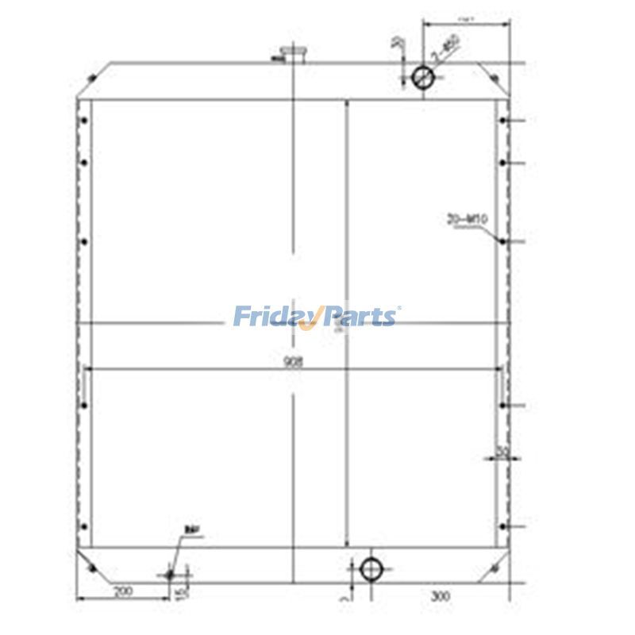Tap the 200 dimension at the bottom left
tap(123, 592)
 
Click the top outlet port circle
tap(423, 76)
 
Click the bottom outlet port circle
tap(371, 568)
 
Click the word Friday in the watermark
tap(274, 317)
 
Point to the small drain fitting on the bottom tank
tap(169, 573)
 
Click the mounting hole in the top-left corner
tap(94, 78)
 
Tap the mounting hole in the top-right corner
tap(494, 78)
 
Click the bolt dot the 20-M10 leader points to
tap(502, 240)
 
